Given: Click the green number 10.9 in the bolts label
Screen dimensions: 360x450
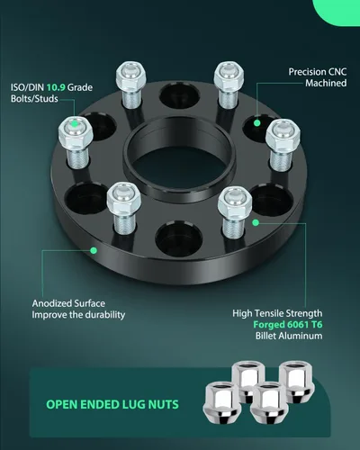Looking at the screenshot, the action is point(56,87).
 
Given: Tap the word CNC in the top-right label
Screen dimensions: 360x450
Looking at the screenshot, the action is point(337,72).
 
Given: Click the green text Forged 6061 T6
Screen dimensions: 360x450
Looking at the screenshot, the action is point(288,324).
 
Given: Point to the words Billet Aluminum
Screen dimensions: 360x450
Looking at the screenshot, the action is point(289,336).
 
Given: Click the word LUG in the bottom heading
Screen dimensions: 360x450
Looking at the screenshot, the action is point(134,404).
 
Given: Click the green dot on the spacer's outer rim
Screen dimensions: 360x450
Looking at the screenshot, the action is point(94,250).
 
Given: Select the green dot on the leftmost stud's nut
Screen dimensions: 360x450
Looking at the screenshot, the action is point(75,124).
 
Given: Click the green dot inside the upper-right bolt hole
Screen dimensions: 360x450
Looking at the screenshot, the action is point(256,122).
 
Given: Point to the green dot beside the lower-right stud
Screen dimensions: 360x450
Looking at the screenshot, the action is point(256,222).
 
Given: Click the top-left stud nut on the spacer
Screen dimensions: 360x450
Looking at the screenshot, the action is point(131,76).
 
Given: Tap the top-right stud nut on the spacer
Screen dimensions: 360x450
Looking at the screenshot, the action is point(229,76).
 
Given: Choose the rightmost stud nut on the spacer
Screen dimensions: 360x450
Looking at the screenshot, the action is point(283,135).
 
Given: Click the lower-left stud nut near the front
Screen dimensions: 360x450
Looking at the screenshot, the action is point(124,198).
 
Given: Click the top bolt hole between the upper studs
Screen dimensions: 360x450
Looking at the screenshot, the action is point(179,95).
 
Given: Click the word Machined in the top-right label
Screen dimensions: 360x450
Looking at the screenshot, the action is point(326,83).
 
